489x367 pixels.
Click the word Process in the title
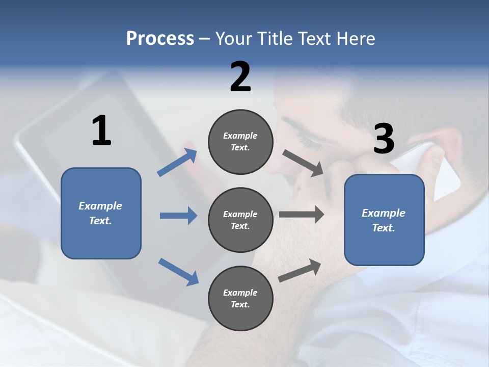click(160, 39)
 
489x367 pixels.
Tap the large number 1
click(101, 131)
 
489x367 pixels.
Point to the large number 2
click(240, 77)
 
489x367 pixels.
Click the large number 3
click(384, 139)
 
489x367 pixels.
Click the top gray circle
click(241, 142)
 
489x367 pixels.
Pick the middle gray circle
click(241, 220)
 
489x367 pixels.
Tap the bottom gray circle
click(241, 298)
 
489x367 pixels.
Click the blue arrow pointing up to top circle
click(177, 163)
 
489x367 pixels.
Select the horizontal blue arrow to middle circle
click(178, 216)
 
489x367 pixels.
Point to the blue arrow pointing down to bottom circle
click(178, 272)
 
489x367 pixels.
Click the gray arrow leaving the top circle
click(303, 163)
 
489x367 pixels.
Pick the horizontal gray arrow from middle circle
click(302, 215)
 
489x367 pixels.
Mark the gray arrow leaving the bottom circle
click(300, 271)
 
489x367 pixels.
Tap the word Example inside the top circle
click(240, 136)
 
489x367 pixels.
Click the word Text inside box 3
click(383, 228)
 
